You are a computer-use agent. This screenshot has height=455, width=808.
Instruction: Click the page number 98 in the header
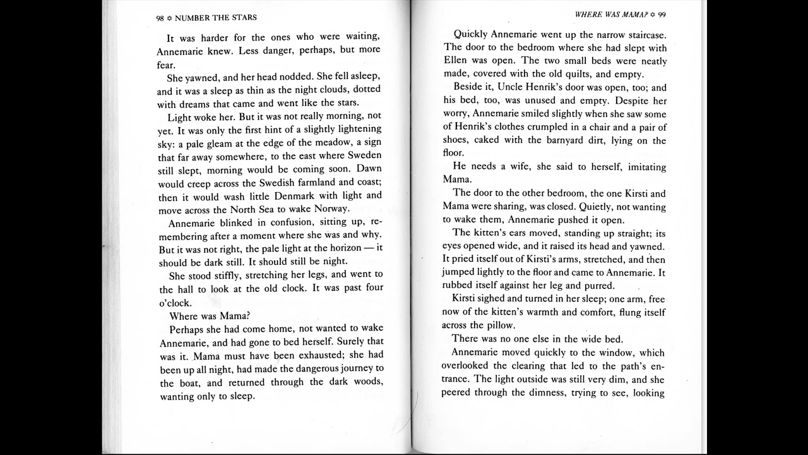tap(160, 18)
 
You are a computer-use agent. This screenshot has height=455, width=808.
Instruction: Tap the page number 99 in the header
tap(662, 14)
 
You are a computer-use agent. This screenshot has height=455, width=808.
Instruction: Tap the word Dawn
tap(369, 169)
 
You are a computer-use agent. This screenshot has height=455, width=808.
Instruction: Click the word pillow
tap(499, 325)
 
